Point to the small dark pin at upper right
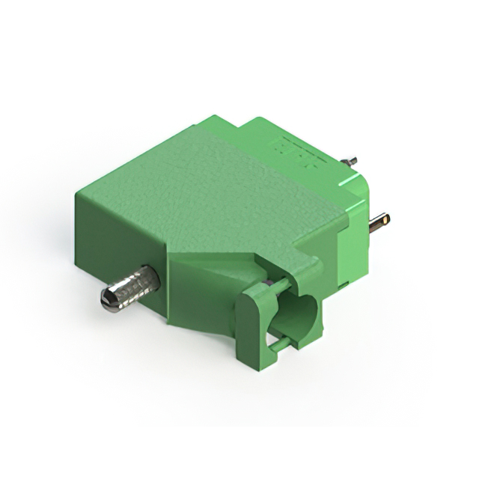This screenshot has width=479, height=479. (350, 160)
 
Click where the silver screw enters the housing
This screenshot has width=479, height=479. (156, 279)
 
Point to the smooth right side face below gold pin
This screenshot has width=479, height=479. (352, 258)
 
